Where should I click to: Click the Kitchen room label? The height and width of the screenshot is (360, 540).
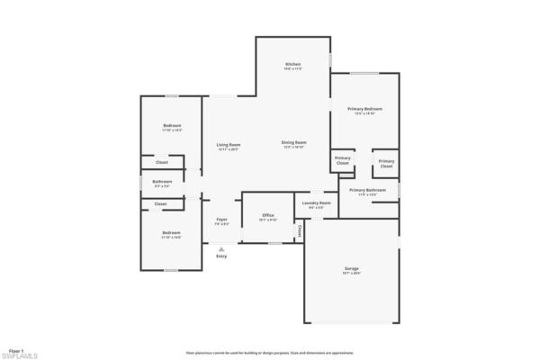click(x=292, y=64)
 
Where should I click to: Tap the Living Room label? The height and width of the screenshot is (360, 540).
click(x=228, y=144)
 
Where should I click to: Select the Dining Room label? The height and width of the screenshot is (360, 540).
click(x=294, y=142)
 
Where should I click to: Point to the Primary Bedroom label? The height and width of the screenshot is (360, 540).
click(x=364, y=108)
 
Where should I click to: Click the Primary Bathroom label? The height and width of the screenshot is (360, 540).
click(x=367, y=190)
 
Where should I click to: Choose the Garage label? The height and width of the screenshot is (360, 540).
click(x=351, y=268)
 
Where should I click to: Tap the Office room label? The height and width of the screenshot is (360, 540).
click(x=268, y=215)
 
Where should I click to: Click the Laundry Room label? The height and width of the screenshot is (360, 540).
click(x=317, y=202)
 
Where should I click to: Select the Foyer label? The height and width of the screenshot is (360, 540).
click(x=221, y=219)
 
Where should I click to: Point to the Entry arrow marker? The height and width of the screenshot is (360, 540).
click(x=221, y=248)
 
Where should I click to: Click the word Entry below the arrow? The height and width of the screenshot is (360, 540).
click(x=221, y=256)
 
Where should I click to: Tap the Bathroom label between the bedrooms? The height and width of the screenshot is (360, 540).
click(x=162, y=181)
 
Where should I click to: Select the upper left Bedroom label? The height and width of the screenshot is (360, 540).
click(x=172, y=125)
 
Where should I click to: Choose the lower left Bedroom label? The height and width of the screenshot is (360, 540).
click(x=172, y=233)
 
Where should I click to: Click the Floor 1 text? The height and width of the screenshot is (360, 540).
click(x=15, y=349)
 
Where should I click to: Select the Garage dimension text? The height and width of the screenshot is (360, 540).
click(x=351, y=273)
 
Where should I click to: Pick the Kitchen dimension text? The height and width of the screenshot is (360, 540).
click(x=292, y=69)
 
